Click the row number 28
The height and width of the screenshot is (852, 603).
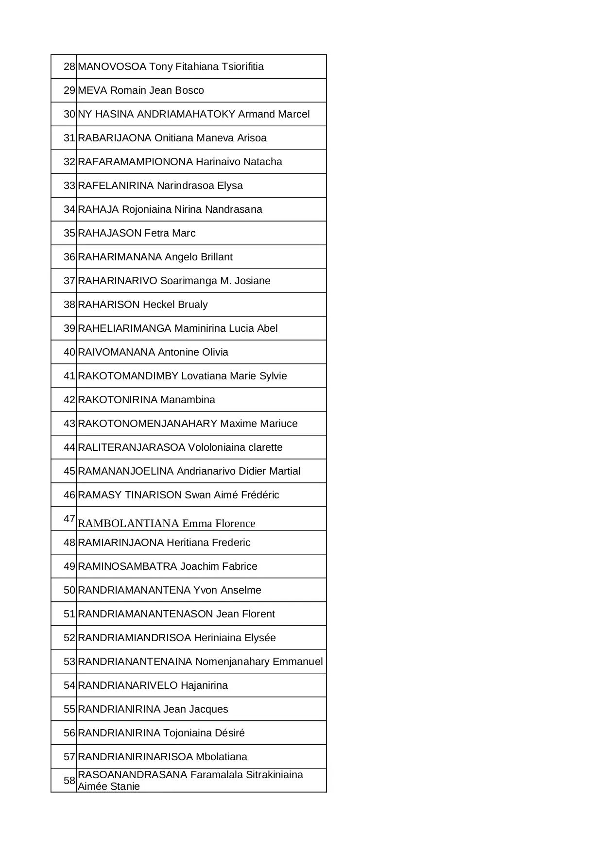coord(69,67)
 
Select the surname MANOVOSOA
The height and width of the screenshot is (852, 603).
coord(112,67)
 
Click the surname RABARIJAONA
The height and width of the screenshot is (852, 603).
coord(115,138)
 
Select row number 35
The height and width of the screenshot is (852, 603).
coord(69,233)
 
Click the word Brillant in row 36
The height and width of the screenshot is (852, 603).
coord(214,257)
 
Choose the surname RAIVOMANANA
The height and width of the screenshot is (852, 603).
coord(116,352)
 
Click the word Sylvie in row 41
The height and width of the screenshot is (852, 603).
coord(273,376)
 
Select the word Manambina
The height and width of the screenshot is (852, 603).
coord(188,400)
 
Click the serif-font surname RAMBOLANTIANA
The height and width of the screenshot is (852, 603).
coord(128,523)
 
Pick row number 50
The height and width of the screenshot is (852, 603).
coord(69,590)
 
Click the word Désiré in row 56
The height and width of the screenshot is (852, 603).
coord(230,733)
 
